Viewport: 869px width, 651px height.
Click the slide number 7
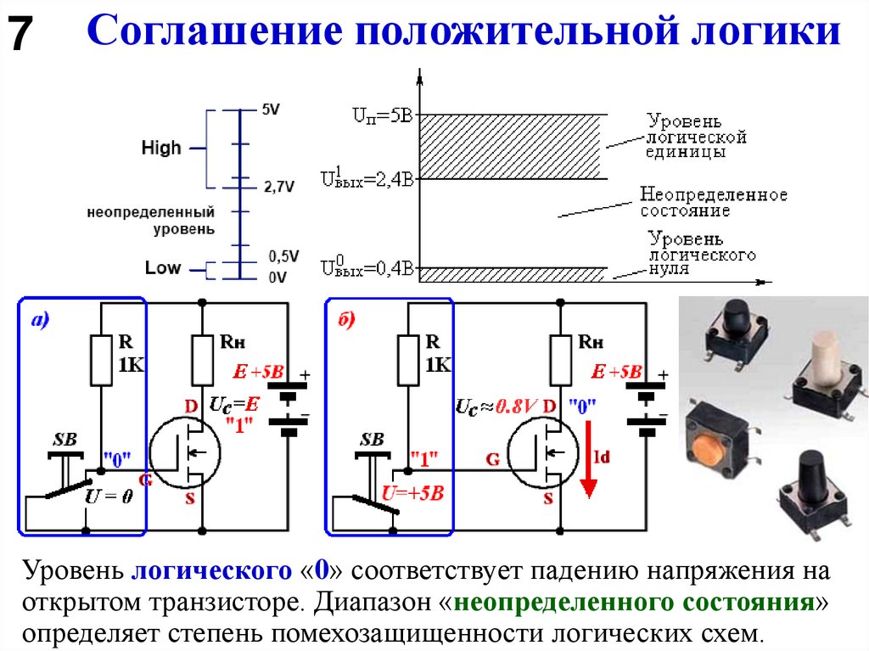(x=20, y=36)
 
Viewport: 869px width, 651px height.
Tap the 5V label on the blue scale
(x=270, y=109)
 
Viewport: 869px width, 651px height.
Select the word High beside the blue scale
(x=161, y=148)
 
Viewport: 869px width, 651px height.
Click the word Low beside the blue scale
(x=162, y=267)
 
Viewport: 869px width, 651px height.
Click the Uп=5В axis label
(x=383, y=115)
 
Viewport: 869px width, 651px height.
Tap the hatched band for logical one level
(x=513, y=146)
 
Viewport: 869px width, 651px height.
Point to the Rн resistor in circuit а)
(x=202, y=358)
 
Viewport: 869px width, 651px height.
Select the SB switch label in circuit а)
(x=64, y=440)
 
